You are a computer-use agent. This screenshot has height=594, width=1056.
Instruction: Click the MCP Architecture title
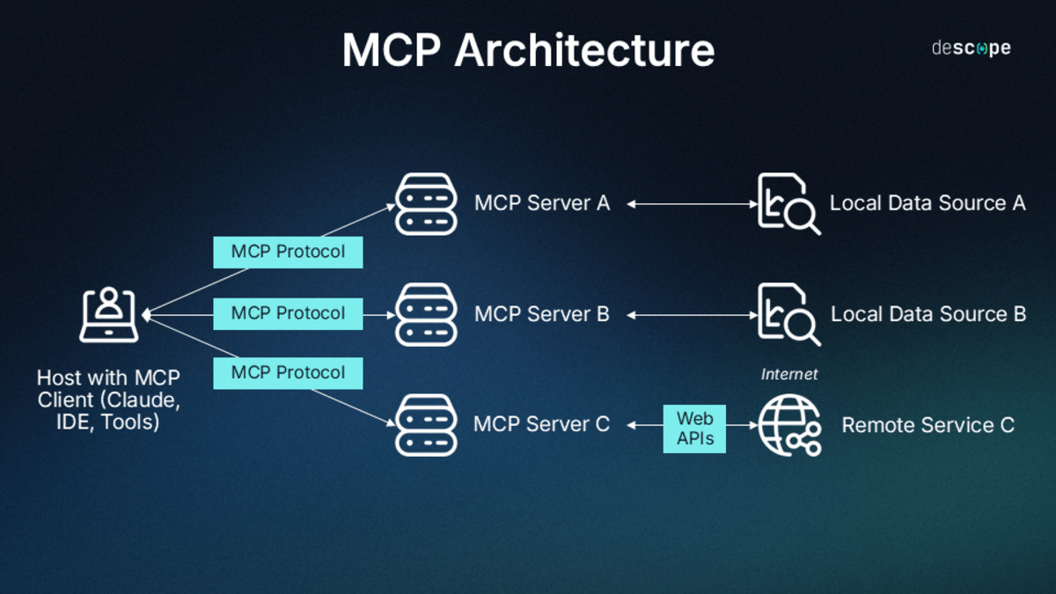528,51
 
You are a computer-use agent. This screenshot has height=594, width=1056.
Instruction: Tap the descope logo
971,48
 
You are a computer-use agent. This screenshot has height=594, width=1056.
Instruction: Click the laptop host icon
108,314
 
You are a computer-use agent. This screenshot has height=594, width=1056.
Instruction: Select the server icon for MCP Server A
426,204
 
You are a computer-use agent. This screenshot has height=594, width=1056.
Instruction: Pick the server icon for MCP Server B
426,314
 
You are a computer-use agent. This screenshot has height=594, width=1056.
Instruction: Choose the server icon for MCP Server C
426,425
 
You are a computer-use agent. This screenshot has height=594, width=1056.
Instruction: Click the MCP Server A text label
541,203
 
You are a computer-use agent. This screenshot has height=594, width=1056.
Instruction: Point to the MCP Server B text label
541,314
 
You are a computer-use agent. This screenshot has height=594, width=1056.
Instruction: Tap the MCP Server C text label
541,425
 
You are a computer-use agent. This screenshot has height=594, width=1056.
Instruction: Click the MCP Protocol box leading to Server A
288,253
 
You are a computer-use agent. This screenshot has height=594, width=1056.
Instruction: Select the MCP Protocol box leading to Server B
288,313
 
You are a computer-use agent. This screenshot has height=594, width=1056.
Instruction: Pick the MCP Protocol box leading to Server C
288,373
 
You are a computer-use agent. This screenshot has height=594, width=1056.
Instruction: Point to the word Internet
788,375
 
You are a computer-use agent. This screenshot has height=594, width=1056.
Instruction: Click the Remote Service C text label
928,426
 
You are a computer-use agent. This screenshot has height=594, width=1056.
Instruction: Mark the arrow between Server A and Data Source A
692,204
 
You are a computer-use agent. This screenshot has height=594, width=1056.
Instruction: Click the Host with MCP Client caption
108,400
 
